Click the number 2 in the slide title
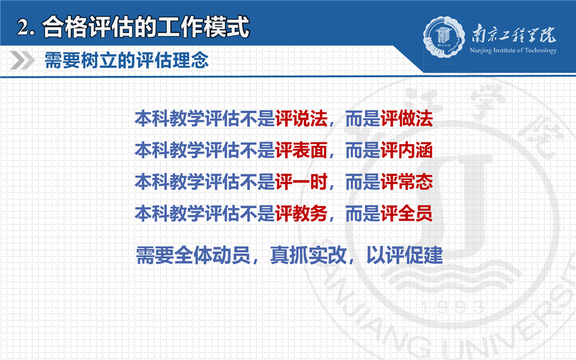22,28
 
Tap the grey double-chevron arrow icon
22,60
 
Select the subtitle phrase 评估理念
172,60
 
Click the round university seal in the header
443,37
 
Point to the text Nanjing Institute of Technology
513,50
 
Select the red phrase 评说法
302,119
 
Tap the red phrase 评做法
407,119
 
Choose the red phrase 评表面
302,150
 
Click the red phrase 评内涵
407,150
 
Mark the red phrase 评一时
302,182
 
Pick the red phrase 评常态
407,182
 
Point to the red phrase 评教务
302,213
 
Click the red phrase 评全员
407,213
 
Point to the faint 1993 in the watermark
452,308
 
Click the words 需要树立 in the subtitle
81,60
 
